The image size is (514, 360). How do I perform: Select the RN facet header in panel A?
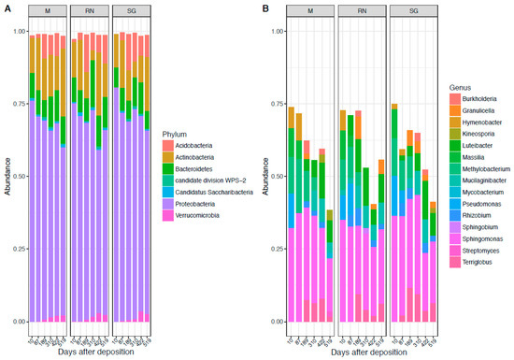point(91,11)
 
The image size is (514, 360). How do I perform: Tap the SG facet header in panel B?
point(398,11)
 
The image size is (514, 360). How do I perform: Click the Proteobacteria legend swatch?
point(167,229)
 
